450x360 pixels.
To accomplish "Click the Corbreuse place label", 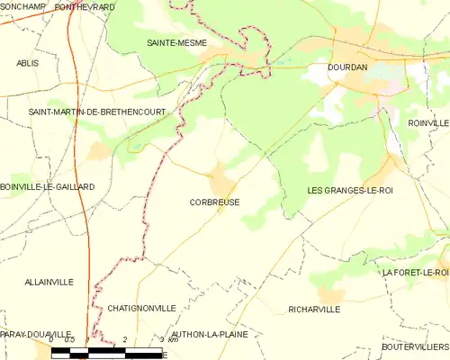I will (x=215, y=202).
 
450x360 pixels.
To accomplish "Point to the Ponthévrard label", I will (x=85, y=6).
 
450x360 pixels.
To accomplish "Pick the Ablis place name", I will (x=28, y=63).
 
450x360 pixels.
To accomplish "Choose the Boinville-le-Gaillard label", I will (x=48, y=186).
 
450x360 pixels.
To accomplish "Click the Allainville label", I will (x=49, y=282).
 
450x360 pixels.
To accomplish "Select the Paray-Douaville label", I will (x=36, y=334).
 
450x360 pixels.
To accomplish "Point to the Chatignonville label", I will (x=141, y=308).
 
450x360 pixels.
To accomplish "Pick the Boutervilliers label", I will (x=415, y=346).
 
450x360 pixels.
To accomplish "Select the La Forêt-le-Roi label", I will (x=415, y=272).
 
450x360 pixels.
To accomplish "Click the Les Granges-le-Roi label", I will (x=350, y=190).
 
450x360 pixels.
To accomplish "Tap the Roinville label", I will (x=427, y=122).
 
